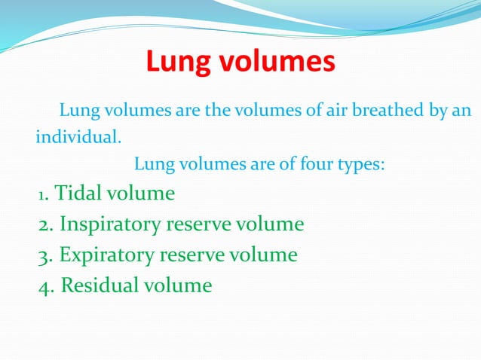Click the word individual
78,139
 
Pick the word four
317,164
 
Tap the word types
361,164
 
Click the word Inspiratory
110,224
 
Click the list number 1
43,195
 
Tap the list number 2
45,225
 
